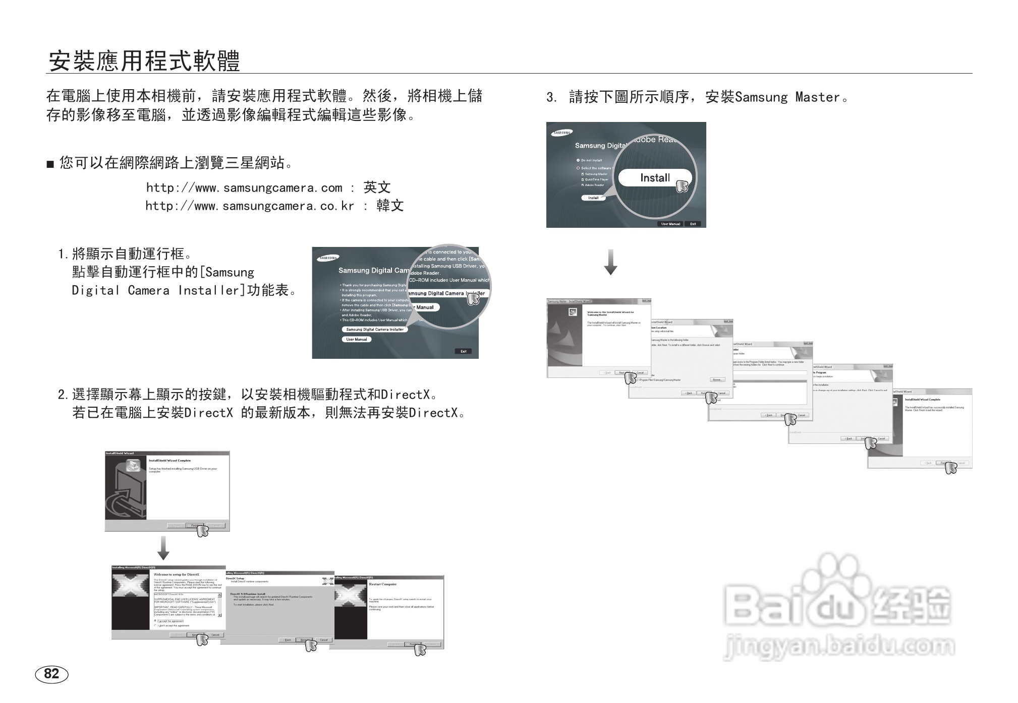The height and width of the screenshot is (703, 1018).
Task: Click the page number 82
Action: point(51,674)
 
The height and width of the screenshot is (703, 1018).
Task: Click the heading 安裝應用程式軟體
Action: point(144,61)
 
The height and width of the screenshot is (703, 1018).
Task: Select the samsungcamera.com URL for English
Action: point(244,188)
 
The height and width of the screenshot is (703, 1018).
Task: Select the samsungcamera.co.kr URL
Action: point(250,206)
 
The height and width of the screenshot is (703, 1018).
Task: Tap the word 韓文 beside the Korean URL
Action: point(390,206)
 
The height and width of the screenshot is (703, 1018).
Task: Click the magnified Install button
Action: point(655,178)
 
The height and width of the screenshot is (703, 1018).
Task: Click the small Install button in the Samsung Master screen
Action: point(593,198)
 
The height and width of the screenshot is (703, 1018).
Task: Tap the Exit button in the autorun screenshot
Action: point(463,351)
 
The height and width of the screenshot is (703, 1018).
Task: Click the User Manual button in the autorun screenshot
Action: point(357,340)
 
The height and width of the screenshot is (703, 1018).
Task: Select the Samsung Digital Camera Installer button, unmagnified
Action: point(375,330)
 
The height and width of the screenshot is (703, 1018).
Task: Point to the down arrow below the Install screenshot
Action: point(610,262)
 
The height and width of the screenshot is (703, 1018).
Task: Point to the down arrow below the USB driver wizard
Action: point(163,548)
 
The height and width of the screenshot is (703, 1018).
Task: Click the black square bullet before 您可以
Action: point(50,164)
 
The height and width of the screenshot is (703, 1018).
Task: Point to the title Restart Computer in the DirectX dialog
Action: point(383,584)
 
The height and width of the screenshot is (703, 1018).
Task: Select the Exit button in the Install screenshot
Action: point(693,224)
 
